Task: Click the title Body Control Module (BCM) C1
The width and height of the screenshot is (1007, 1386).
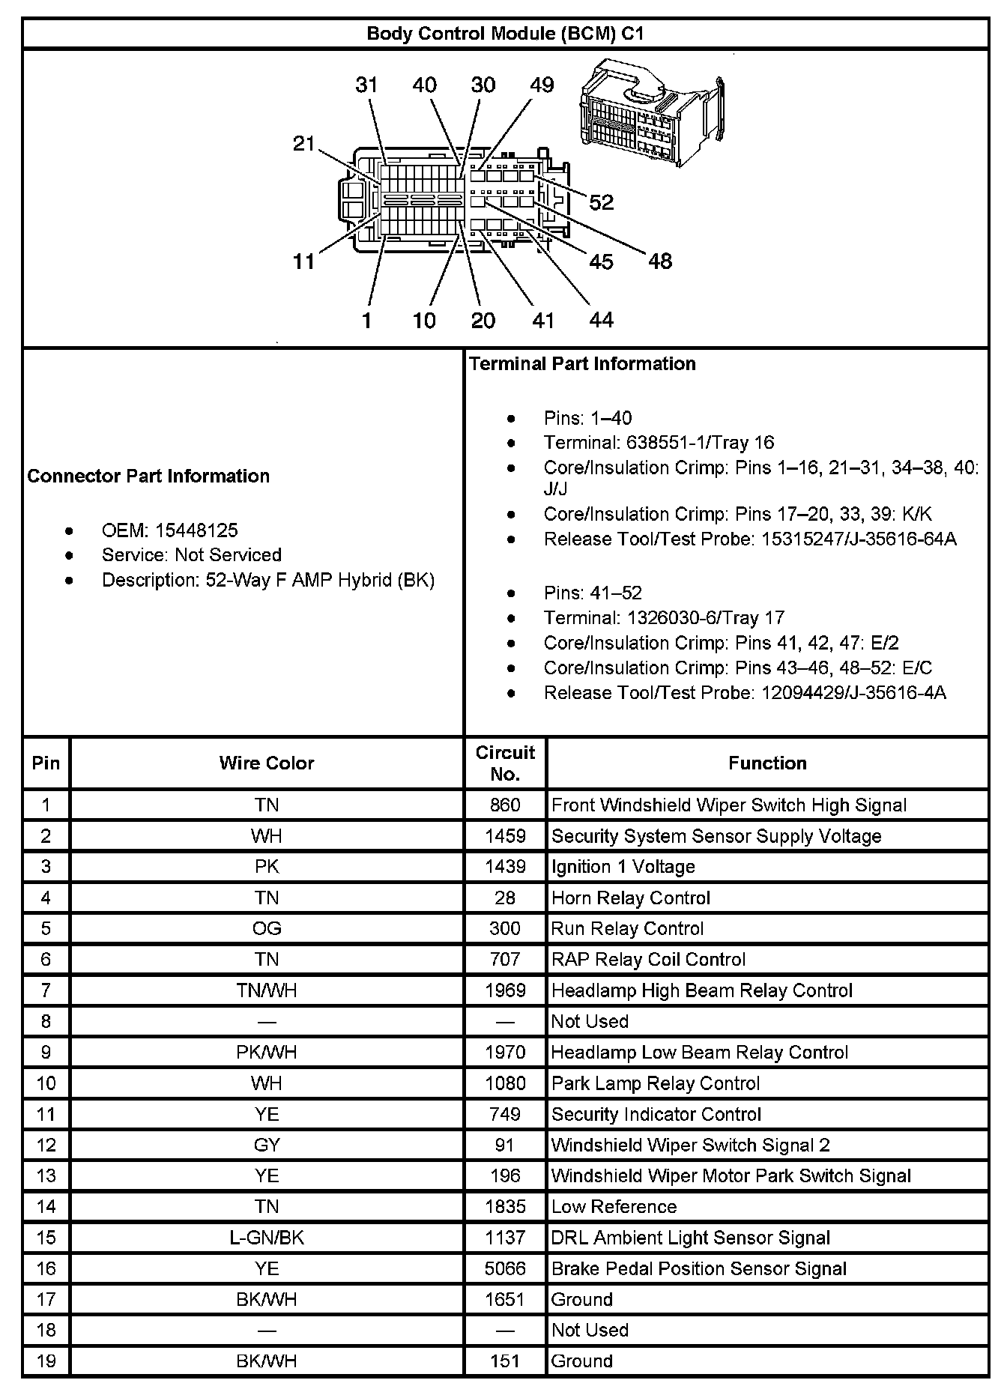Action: (504, 34)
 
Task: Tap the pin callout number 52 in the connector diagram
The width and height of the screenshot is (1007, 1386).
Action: (601, 202)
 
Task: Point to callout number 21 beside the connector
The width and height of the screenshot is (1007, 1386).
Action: (303, 143)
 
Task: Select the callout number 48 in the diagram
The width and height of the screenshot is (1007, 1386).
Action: (659, 261)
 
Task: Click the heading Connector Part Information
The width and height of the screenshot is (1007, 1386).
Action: (148, 476)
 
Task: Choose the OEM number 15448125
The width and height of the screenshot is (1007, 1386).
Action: (196, 530)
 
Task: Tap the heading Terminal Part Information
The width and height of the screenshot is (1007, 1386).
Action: (582, 364)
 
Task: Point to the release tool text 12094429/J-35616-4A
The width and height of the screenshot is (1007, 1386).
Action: (853, 693)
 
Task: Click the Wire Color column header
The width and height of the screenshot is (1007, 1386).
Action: (266, 763)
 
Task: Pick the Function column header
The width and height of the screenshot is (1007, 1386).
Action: (767, 763)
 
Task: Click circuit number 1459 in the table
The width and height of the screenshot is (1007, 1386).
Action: (505, 836)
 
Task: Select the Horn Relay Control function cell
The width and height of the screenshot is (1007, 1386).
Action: (630, 898)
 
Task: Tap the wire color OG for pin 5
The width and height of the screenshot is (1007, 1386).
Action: (266, 929)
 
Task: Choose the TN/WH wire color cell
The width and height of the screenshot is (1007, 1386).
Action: (266, 990)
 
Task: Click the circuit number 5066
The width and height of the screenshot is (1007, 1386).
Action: (505, 1268)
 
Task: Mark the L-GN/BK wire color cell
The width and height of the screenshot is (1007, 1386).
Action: (266, 1238)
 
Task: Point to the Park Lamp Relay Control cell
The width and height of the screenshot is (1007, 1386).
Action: (655, 1083)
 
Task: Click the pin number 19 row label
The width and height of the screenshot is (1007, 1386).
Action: (46, 1361)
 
